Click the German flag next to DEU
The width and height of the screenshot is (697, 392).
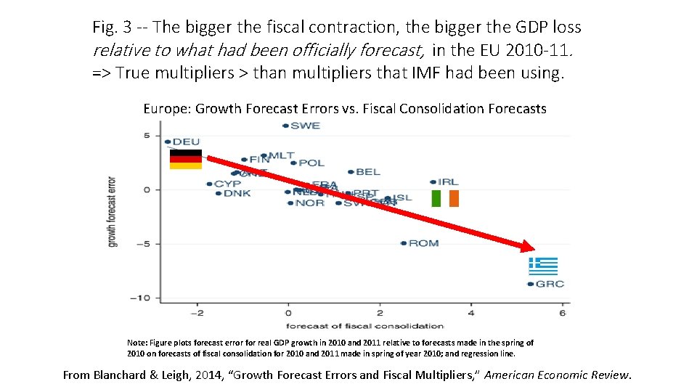coord(186,159)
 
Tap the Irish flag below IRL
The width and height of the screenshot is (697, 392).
coord(445,198)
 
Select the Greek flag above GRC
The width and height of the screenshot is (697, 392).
coord(543,266)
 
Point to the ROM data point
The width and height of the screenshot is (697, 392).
coord(404,243)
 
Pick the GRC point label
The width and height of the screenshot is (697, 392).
coord(550,284)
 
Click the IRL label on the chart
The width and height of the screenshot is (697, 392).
coord(448,181)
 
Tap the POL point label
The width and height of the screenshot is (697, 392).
coord(311,163)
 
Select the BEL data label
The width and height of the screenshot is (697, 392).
coord(368,172)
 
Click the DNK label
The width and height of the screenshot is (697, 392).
coord(237,193)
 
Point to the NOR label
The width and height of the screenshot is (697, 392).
coord(309,203)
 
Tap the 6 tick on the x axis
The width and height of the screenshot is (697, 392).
coord(562,313)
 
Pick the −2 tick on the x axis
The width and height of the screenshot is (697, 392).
coord(195,313)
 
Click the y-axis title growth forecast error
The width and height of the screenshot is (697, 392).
coord(113,211)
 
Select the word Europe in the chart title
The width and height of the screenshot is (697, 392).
coord(166,109)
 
